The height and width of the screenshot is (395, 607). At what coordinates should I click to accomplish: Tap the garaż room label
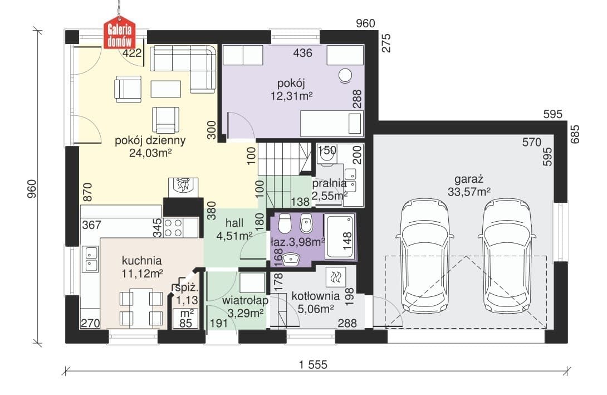tap(469, 179)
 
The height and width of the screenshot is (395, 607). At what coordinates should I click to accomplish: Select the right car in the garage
tap(507, 256)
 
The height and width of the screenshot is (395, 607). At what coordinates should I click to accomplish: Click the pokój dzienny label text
tap(150, 140)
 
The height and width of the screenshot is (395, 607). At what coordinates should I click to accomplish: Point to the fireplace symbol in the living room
tap(183, 187)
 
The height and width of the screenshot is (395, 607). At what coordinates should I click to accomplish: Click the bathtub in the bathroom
tap(340, 237)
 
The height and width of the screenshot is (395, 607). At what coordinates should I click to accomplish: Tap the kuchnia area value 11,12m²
tap(142, 274)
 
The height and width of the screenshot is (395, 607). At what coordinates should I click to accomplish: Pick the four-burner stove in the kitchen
tap(173, 228)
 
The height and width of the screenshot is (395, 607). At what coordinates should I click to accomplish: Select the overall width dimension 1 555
tap(313, 364)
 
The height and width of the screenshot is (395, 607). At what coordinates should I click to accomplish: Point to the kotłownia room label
tap(316, 296)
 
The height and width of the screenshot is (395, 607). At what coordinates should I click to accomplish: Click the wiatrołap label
tap(246, 300)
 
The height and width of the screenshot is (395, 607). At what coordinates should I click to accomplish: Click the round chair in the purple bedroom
tap(345, 76)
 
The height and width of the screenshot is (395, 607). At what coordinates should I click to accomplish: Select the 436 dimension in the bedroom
tap(302, 53)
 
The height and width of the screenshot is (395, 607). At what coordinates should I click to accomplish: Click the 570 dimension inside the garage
tap(531, 143)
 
